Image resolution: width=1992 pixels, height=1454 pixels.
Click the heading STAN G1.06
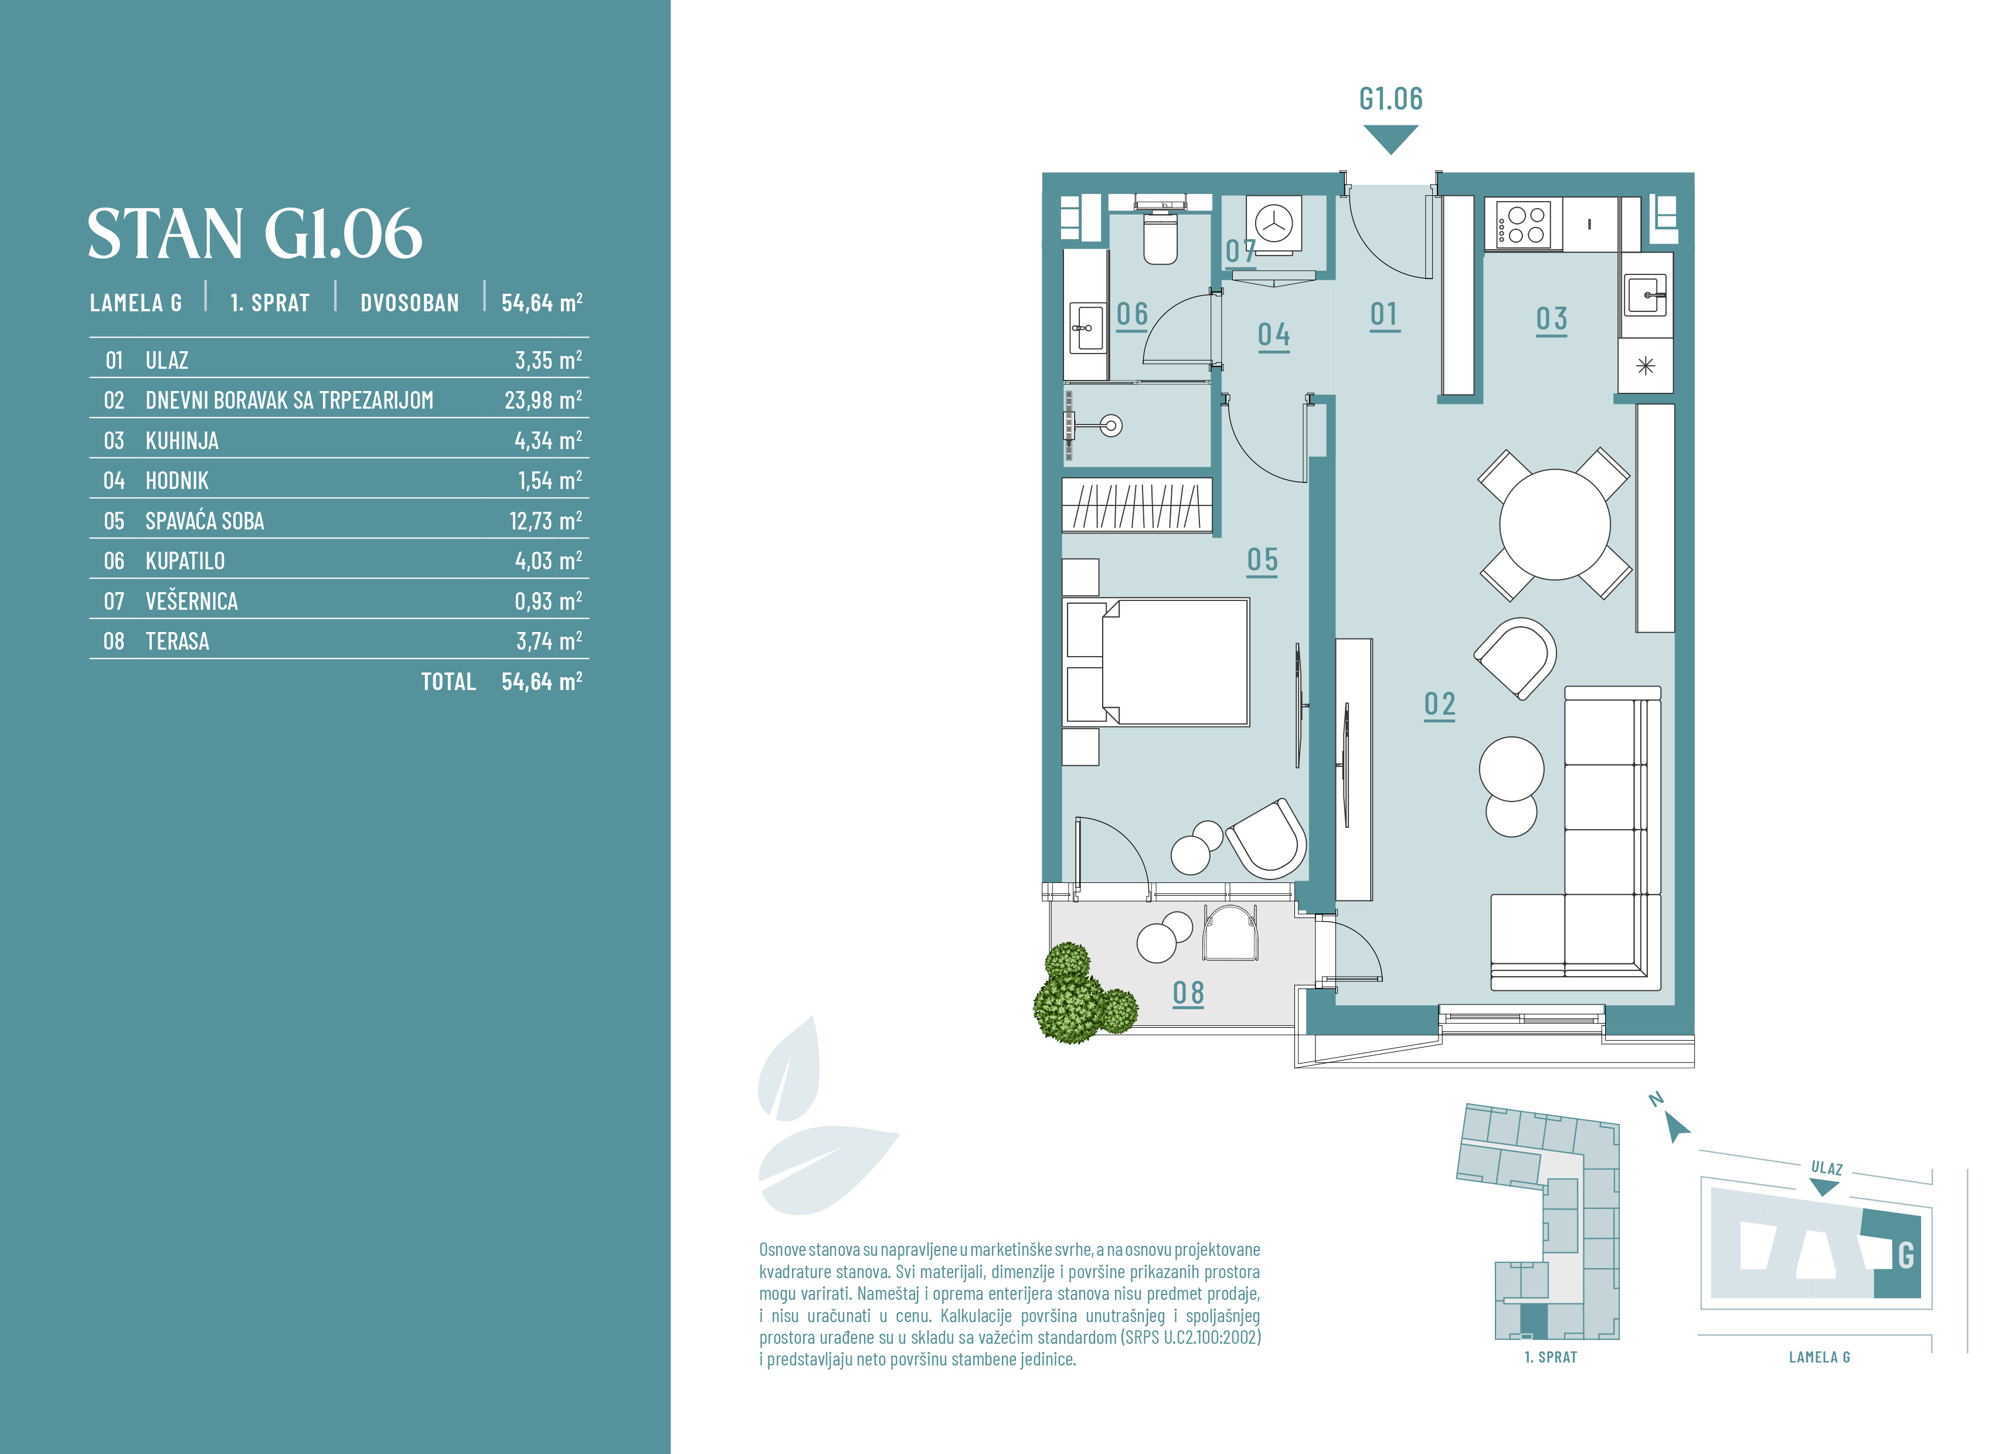point(254,234)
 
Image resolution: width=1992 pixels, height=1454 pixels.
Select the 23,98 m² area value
point(543,400)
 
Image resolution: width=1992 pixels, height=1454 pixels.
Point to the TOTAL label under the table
point(448,681)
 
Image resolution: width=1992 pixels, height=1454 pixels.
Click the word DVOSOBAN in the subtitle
point(409,303)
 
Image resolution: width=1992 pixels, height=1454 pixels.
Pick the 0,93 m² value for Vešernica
point(548,600)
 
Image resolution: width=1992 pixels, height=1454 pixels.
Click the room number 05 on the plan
point(1263,560)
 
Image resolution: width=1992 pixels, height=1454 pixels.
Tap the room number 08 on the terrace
point(1188,993)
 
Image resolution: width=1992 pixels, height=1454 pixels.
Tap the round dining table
point(1555,525)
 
